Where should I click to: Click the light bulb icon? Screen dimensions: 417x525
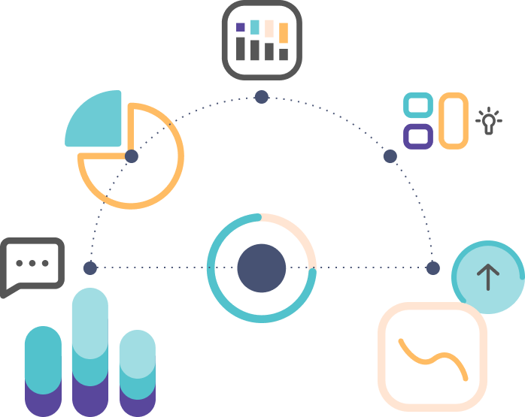coord(489,121)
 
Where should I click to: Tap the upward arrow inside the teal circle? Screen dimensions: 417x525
coord(488,277)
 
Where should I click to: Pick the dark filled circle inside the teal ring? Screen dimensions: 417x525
coord(261,268)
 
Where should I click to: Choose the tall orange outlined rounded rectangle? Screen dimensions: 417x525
coord(454,120)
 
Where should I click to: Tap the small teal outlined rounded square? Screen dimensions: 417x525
coord(417,106)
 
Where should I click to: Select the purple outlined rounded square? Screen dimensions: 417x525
coord(417,136)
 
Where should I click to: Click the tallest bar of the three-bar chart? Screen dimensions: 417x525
coord(90,346)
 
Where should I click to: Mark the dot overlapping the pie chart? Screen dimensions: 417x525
coord(132,156)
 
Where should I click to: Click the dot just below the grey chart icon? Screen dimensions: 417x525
coord(261,97)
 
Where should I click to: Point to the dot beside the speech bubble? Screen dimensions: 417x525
coord(90,268)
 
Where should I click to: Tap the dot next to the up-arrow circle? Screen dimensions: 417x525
coord(432,268)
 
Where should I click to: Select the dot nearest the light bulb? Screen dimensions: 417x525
coord(390,156)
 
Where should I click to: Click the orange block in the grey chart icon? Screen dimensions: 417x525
coord(284,32)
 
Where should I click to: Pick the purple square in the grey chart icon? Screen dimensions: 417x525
coord(241,27)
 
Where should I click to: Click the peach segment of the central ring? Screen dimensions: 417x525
coord(297,233)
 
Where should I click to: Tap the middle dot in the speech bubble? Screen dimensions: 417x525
coord(32,263)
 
